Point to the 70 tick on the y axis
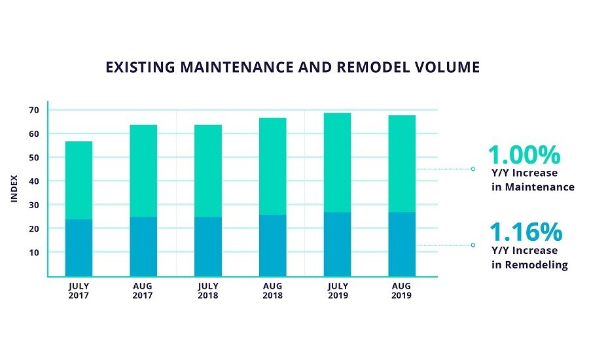(33, 110)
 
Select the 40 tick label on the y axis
(33, 181)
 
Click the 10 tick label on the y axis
(33, 253)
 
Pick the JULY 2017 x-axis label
(79, 291)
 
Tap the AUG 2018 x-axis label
(272, 291)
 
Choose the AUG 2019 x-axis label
(402, 291)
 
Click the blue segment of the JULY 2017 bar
(79, 247)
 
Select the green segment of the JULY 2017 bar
(79, 180)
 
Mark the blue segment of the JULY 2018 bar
(207, 246)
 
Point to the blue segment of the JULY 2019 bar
(337, 243)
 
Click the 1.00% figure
(524, 156)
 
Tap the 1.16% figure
(526, 232)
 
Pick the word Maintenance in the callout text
(540, 187)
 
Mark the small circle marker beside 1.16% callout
(473, 245)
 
